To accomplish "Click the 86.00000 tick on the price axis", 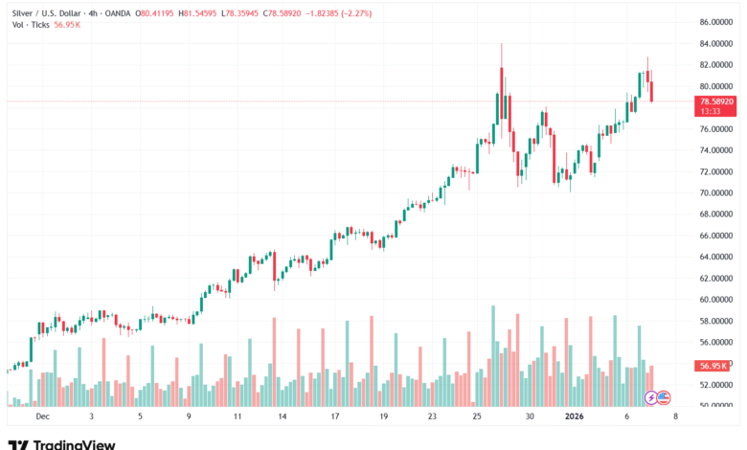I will coord(716,22).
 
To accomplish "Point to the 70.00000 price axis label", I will coord(716,192).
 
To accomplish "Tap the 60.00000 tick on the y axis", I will coord(716,300).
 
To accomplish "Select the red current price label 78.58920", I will coord(717,101).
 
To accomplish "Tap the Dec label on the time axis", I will coord(41,417).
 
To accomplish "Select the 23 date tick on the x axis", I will coord(432,417).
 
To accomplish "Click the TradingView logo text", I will coord(74,444).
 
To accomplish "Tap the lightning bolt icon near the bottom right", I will coord(650,396).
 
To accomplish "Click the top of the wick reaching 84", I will coord(502,44).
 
